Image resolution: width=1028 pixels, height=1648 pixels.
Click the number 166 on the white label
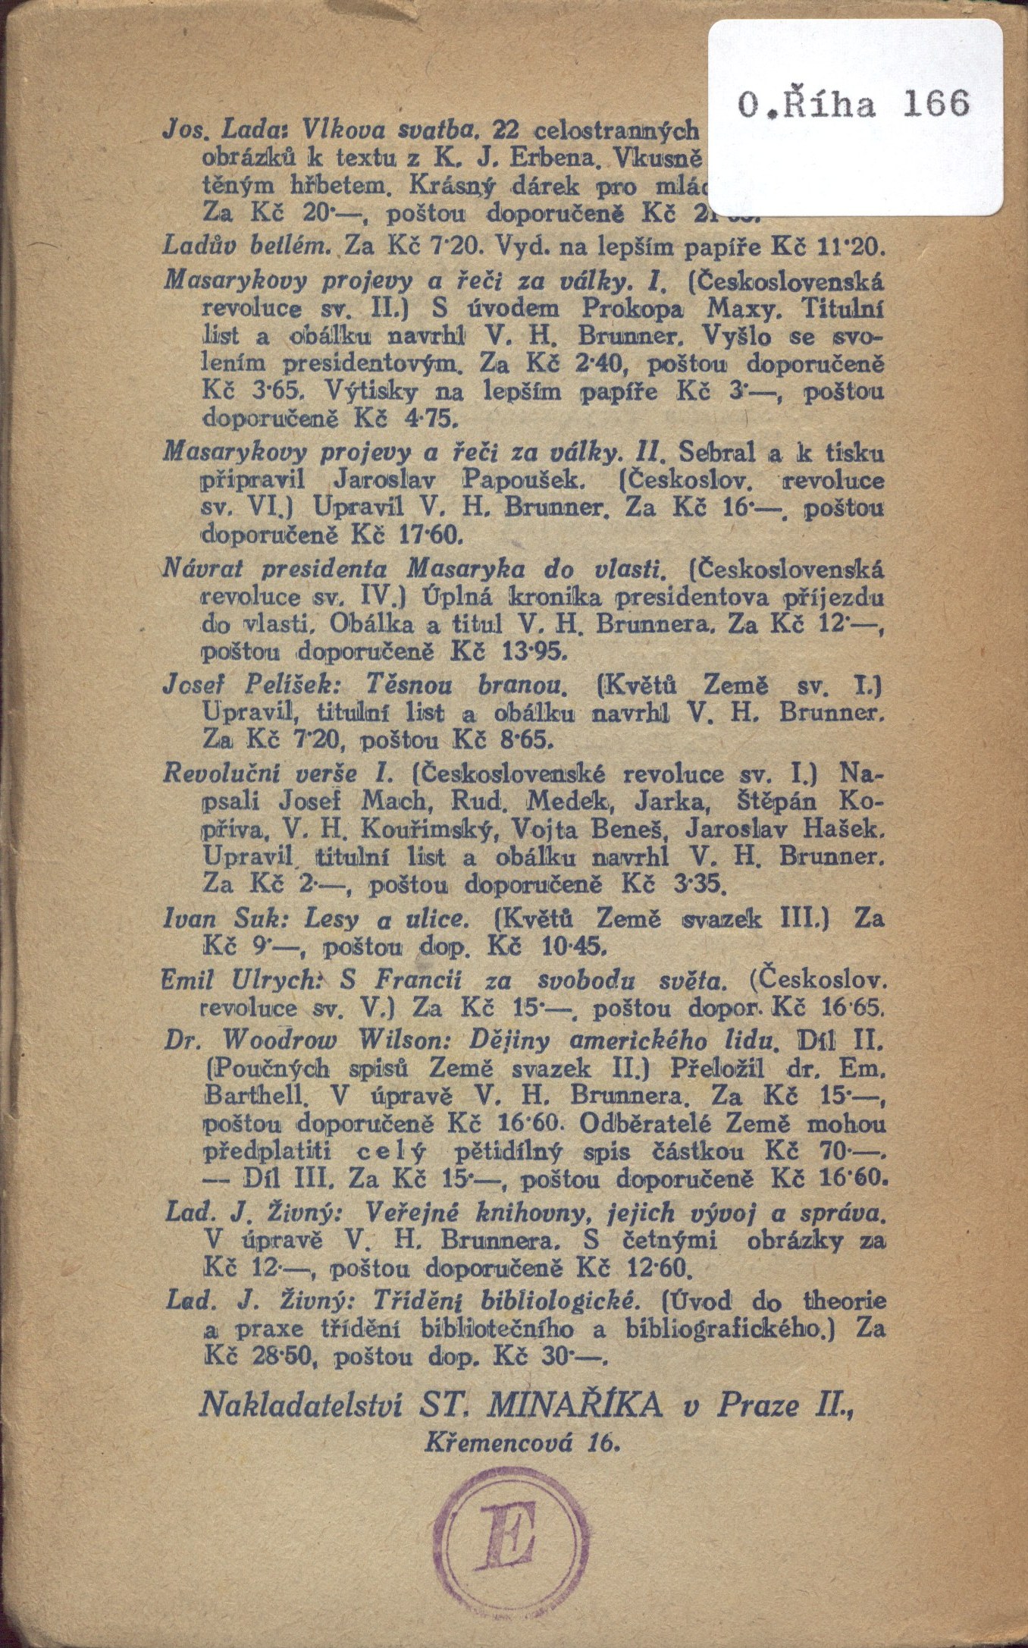pos(936,103)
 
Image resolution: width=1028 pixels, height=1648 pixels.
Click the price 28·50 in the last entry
pos(281,1356)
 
